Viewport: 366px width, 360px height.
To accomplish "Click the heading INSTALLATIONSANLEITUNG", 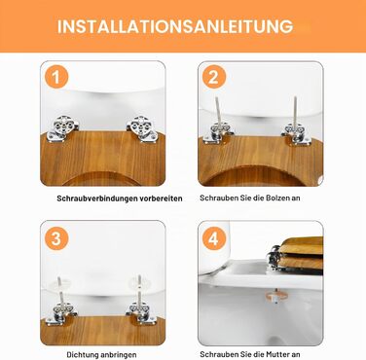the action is click(x=175, y=26).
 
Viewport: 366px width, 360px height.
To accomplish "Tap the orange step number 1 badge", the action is click(x=56, y=77).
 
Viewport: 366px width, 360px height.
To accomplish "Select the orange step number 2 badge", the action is click(x=214, y=77).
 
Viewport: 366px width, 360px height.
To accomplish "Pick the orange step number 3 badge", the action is click(x=56, y=238).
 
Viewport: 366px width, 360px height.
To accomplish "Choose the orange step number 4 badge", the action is click(x=214, y=238).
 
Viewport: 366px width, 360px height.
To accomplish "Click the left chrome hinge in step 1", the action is click(x=62, y=127).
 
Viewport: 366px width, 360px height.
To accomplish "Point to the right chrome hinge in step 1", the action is click(x=143, y=128).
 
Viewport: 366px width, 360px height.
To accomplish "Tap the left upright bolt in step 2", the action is click(x=218, y=112).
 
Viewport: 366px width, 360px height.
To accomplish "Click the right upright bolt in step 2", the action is click(x=296, y=111).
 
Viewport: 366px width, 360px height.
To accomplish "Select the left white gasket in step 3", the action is click(x=59, y=285).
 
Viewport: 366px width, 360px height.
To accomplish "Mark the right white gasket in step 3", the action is click(x=139, y=283).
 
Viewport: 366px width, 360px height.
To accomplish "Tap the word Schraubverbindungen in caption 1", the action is click(x=96, y=198).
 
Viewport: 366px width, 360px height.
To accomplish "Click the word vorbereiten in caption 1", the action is click(x=161, y=198).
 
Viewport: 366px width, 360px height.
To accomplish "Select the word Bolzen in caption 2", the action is click(x=278, y=198).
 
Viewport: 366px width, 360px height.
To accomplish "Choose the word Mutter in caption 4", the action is click(x=277, y=354).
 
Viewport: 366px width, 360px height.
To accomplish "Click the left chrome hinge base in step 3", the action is click(x=61, y=313).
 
